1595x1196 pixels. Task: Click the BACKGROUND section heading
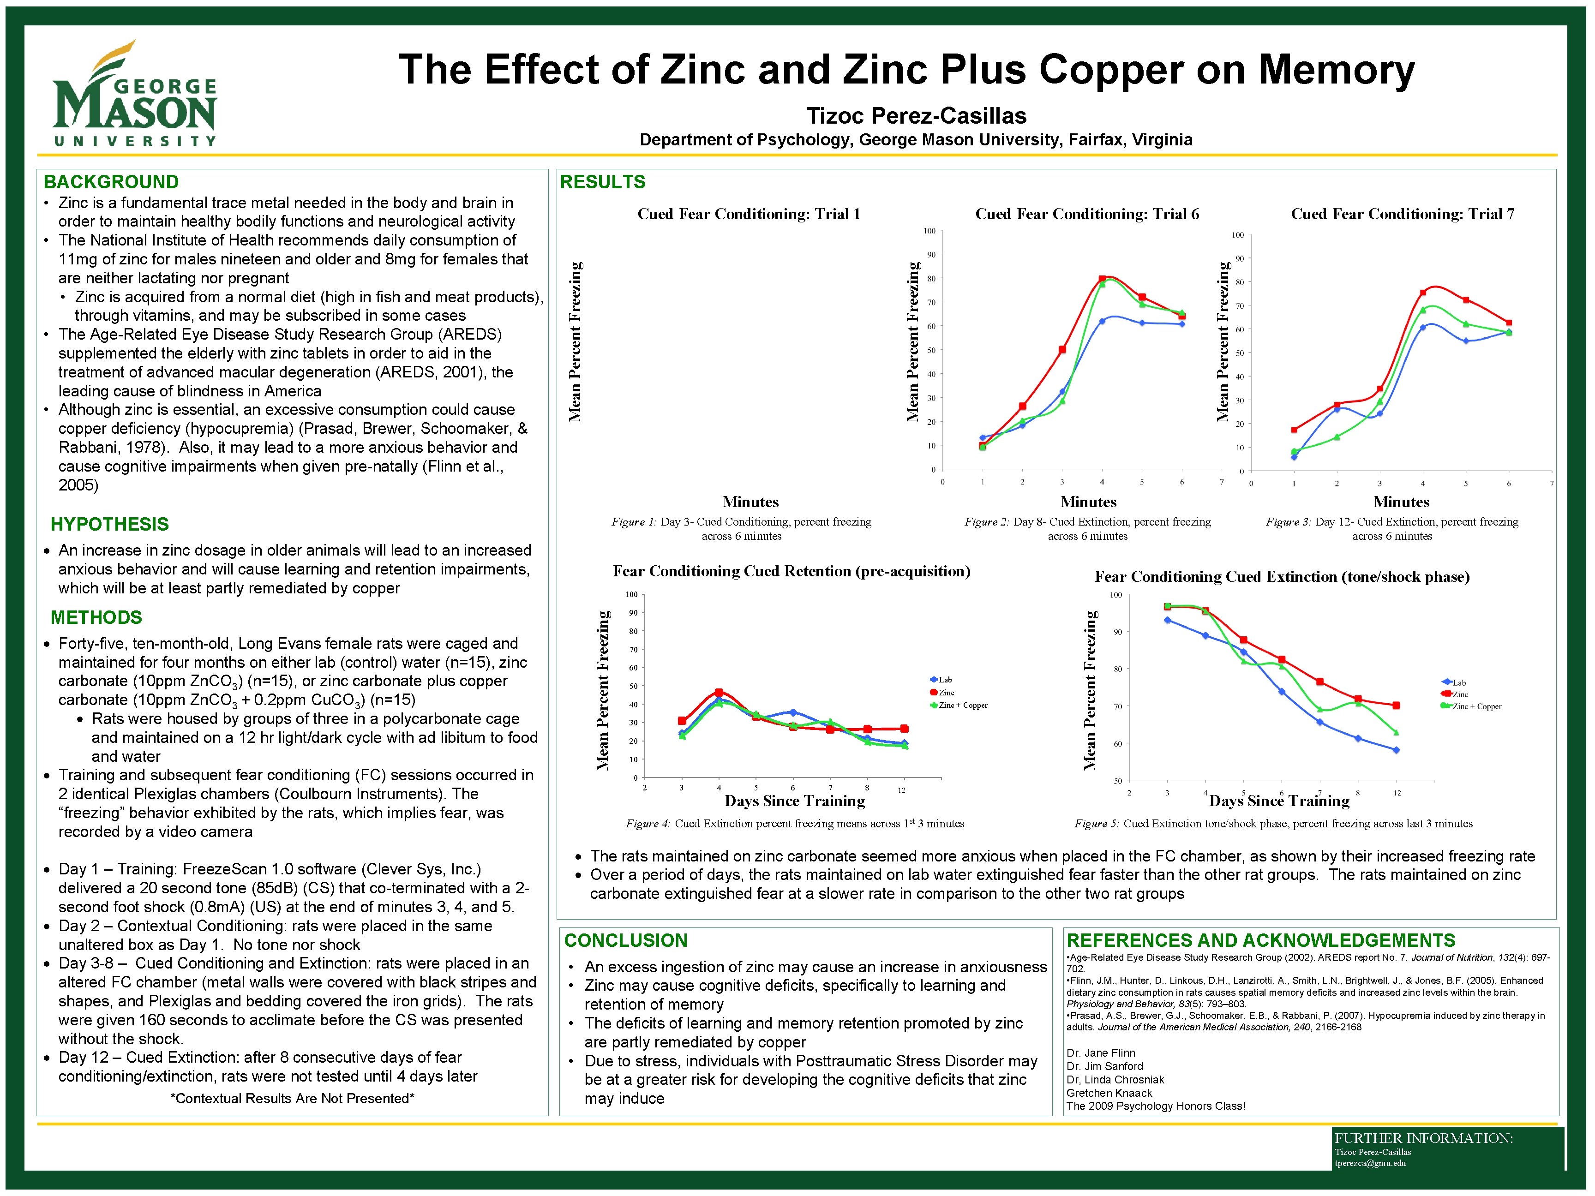tap(111, 182)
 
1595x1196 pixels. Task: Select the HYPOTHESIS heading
tap(109, 524)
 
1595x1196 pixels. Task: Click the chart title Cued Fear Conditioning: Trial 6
tap(1087, 214)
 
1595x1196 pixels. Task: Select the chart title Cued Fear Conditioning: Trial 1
tap(749, 214)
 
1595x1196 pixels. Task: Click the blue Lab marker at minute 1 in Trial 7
tap(1294, 457)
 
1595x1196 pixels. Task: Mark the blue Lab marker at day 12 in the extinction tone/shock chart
tap(1396, 750)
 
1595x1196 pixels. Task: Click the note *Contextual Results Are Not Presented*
tap(292, 1098)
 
